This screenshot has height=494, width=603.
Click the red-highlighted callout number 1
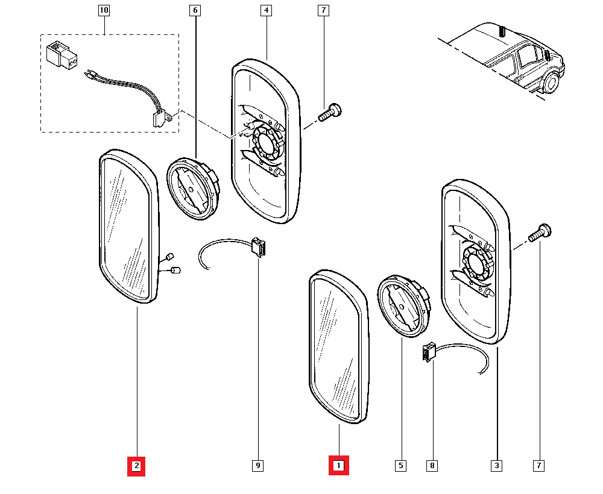coord(338,465)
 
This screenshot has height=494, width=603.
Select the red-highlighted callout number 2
coord(136,465)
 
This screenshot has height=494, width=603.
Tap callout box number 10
coord(104,11)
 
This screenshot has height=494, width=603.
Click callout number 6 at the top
coord(194,11)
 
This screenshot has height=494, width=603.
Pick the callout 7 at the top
coord(323,11)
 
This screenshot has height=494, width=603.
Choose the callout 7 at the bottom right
coord(538,465)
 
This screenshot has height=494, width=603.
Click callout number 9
coord(257,465)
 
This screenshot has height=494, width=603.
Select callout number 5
coord(400,465)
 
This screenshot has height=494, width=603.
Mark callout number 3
coord(497,465)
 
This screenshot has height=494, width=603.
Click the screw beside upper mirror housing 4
coord(329,113)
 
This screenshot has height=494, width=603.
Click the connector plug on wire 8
coord(429,352)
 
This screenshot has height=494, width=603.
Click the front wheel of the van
coord(551,83)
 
